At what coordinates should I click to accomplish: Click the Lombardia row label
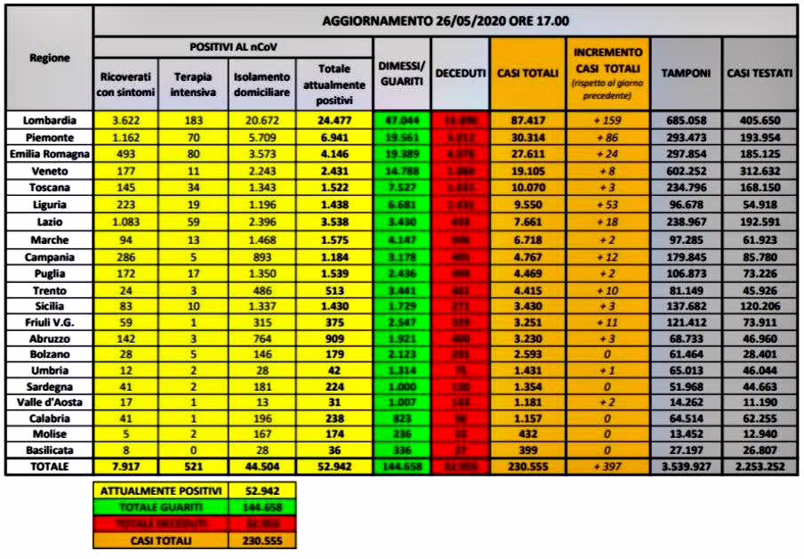(x=47, y=119)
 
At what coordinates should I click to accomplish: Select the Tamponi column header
(x=687, y=73)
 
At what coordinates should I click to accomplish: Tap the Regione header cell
(x=49, y=57)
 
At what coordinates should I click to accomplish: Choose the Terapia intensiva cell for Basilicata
(x=192, y=451)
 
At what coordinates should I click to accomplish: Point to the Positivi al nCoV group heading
(x=232, y=45)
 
